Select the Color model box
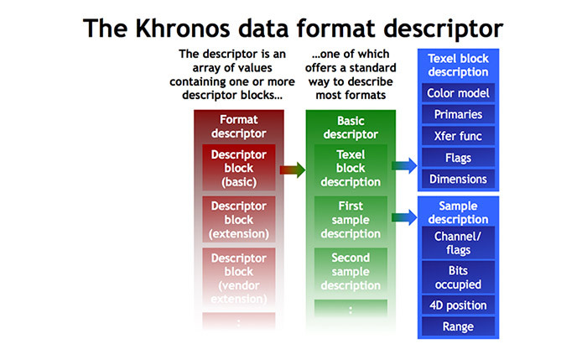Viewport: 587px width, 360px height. [x=458, y=92]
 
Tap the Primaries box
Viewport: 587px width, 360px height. [x=458, y=114]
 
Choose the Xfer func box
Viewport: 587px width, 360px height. [x=458, y=136]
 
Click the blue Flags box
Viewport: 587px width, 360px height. [x=458, y=158]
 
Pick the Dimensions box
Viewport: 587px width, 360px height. [x=458, y=179]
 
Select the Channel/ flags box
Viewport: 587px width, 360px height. [x=458, y=243]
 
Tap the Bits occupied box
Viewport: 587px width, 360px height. [x=458, y=276]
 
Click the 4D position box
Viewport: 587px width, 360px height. [x=458, y=305]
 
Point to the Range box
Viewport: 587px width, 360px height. [x=458, y=326]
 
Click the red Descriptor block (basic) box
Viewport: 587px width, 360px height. [x=239, y=168]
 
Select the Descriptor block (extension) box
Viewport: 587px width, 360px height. [x=239, y=219]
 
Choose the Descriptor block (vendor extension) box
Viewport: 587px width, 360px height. [x=239, y=278]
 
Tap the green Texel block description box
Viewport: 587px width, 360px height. [x=351, y=168]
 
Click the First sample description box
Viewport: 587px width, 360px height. [x=351, y=220]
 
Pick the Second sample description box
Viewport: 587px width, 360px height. [x=351, y=271]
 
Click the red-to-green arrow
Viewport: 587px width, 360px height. [x=292, y=170]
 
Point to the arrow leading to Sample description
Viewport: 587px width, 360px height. [x=403, y=218]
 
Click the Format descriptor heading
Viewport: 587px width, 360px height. [x=239, y=126]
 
